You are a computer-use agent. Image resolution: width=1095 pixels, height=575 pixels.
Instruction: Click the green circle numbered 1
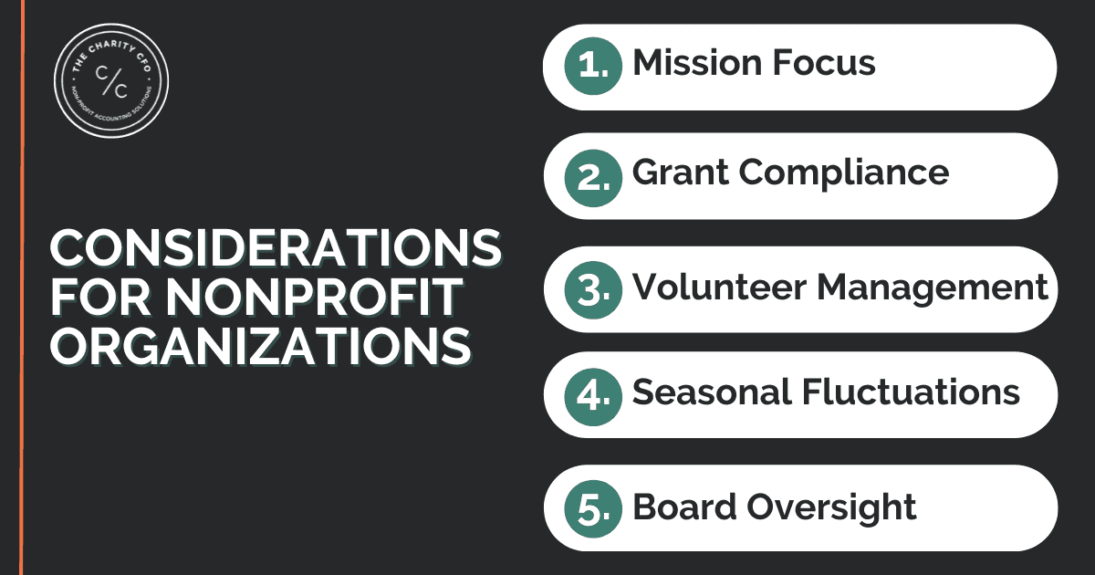[593, 66]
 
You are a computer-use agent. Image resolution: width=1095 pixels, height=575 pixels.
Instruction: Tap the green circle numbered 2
[593, 178]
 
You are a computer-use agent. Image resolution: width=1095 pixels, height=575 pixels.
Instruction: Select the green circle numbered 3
[593, 290]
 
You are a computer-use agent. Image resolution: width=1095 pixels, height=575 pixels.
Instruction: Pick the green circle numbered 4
[593, 396]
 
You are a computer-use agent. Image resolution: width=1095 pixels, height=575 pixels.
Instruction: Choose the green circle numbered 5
[593, 509]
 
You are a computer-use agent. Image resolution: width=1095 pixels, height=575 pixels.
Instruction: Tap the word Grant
[681, 172]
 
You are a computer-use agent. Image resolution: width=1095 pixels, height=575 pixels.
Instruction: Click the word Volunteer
[719, 287]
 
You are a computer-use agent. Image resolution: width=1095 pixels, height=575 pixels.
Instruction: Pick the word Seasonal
[711, 392]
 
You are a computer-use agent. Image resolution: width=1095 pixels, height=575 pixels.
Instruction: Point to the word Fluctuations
[911, 392]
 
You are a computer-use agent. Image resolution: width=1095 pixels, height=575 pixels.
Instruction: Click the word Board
[684, 507]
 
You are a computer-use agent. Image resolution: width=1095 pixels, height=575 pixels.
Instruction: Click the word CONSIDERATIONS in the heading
[276, 248]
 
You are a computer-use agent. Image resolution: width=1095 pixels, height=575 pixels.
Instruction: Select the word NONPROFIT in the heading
[314, 298]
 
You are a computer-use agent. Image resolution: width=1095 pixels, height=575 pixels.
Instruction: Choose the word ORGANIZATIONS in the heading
[261, 346]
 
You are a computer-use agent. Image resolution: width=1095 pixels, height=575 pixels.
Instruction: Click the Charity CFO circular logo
[111, 80]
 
